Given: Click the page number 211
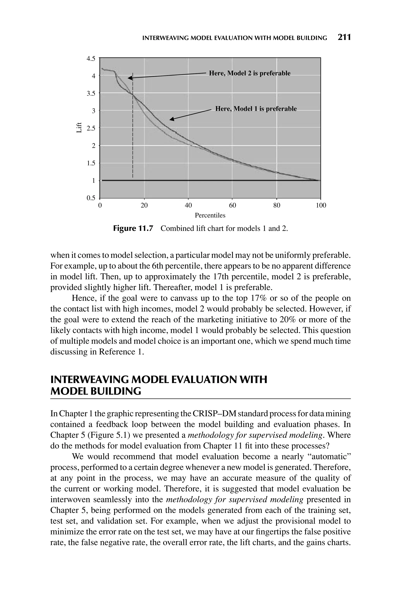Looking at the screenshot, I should pyautogui.click(x=344, y=37).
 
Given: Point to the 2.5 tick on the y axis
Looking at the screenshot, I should pyautogui.click(x=91, y=128).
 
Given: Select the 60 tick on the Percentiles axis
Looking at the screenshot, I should pyautogui.click(x=232, y=206).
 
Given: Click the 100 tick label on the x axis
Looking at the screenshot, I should pyautogui.click(x=321, y=206).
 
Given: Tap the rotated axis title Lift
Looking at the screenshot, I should pyautogui.click(x=79, y=127).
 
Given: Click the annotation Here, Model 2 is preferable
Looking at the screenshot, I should pyautogui.click(x=249, y=73).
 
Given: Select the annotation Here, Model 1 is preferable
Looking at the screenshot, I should pyautogui.click(x=256, y=109).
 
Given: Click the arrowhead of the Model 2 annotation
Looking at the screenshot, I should pyautogui.click(x=130, y=78).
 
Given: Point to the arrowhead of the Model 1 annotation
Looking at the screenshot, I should pyautogui.click(x=172, y=119).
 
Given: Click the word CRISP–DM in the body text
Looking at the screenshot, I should pyautogui.click(x=214, y=414).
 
